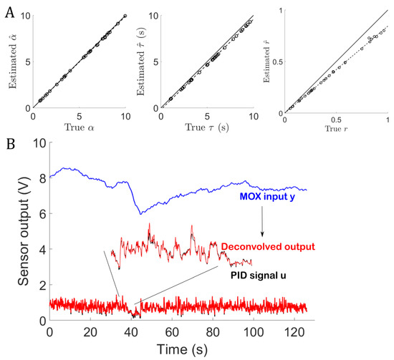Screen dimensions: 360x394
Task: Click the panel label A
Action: [x=7, y=9]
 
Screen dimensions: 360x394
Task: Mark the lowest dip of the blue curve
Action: [x=140, y=213]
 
